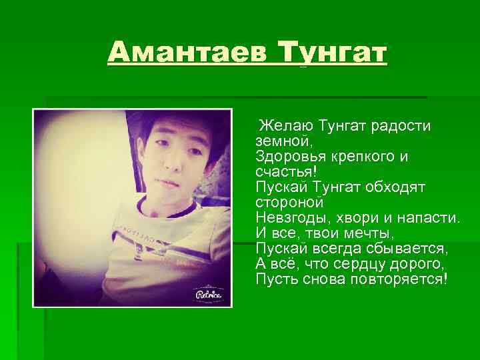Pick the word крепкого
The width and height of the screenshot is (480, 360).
tap(367, 156)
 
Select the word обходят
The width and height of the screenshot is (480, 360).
tap(397, 187)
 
